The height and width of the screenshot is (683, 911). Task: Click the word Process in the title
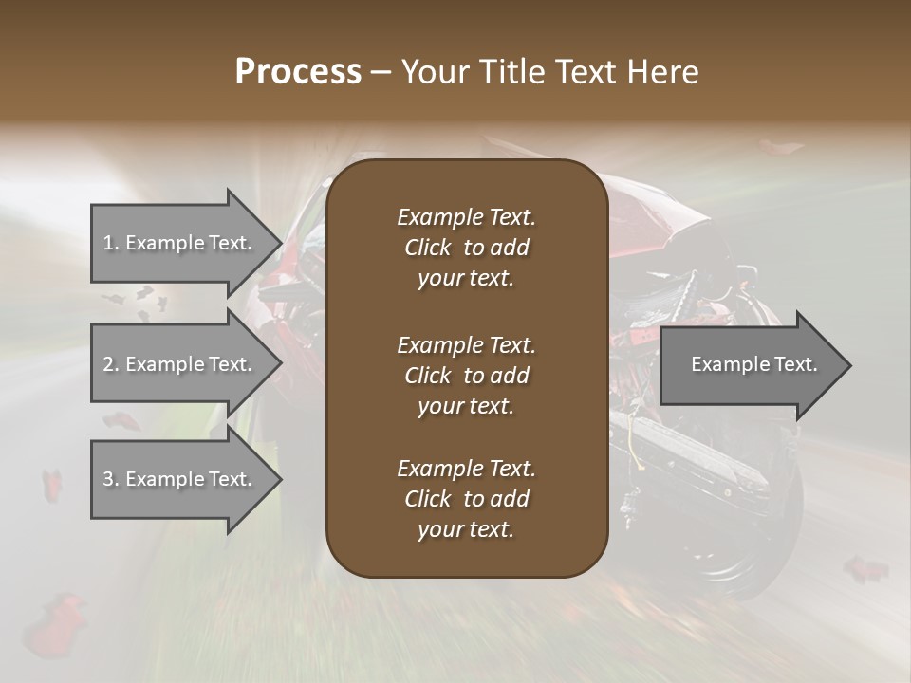[298, 72]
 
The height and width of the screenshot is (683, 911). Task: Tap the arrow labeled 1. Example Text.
[180, 243]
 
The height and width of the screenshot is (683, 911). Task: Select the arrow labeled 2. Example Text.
[180, 364]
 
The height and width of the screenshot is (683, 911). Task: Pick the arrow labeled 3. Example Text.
[180, 479]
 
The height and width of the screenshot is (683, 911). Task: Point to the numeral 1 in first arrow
[108, 243]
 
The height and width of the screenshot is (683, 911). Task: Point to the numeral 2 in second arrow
[108, 364]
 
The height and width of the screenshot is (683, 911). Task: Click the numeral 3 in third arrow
[108, 479]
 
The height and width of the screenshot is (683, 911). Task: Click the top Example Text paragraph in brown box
[466, 248]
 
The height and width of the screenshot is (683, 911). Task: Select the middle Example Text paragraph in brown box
[466, 376]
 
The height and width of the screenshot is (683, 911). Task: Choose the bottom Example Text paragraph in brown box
[466, 499]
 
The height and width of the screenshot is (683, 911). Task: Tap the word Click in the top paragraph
[428, 248]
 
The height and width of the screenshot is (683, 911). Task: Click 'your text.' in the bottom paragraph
[466, 530]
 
